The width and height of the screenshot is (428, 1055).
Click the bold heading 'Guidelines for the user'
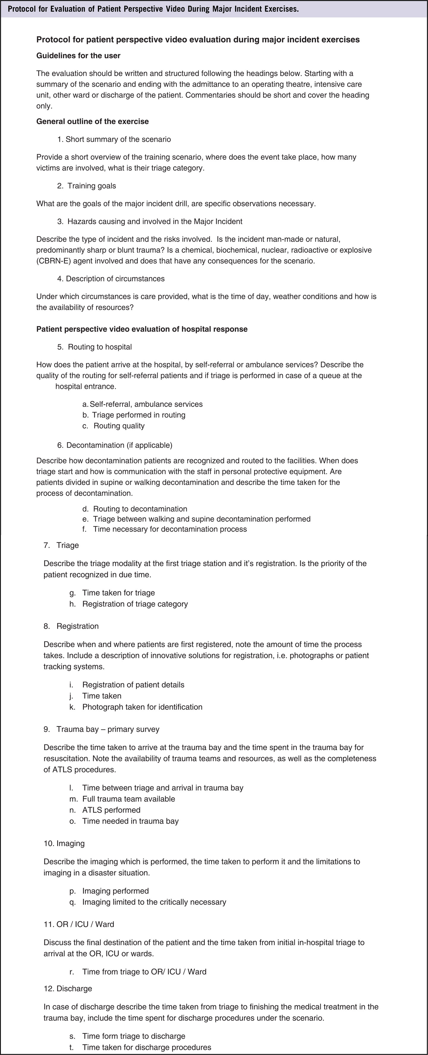click(x=78, y=56)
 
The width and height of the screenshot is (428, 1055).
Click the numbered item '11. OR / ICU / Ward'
click(x=79, y=924)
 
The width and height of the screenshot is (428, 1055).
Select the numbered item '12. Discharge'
click(x=68, y=989)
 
